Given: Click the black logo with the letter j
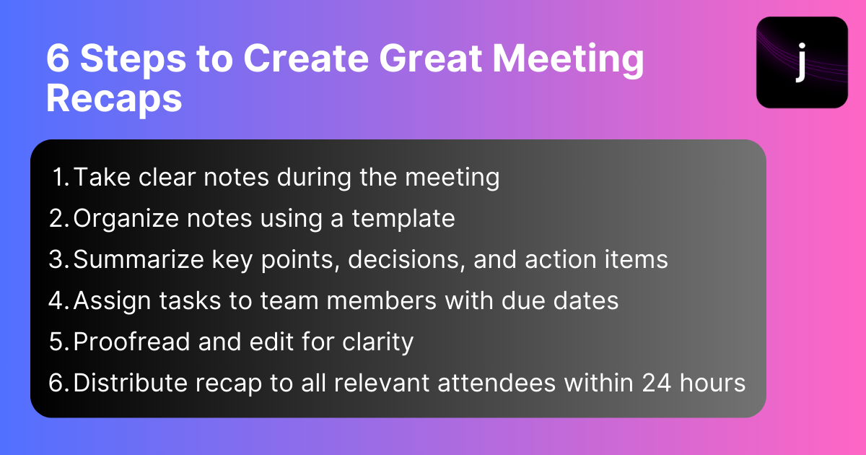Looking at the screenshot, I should click(x=802, y=62).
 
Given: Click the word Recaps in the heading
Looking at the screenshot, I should click(x=114, y=97).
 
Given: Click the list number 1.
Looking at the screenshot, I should click(x=61, y=177).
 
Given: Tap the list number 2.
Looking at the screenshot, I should click(x=58, y=218).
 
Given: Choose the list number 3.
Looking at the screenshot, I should click(x=58, y=259).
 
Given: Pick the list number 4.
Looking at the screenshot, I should click(x=58, y=300).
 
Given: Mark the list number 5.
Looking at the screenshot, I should click(x=58, y=342).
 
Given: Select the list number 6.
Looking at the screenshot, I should click(x=58, y=383).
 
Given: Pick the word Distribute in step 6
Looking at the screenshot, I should click(x=130, y=383).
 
